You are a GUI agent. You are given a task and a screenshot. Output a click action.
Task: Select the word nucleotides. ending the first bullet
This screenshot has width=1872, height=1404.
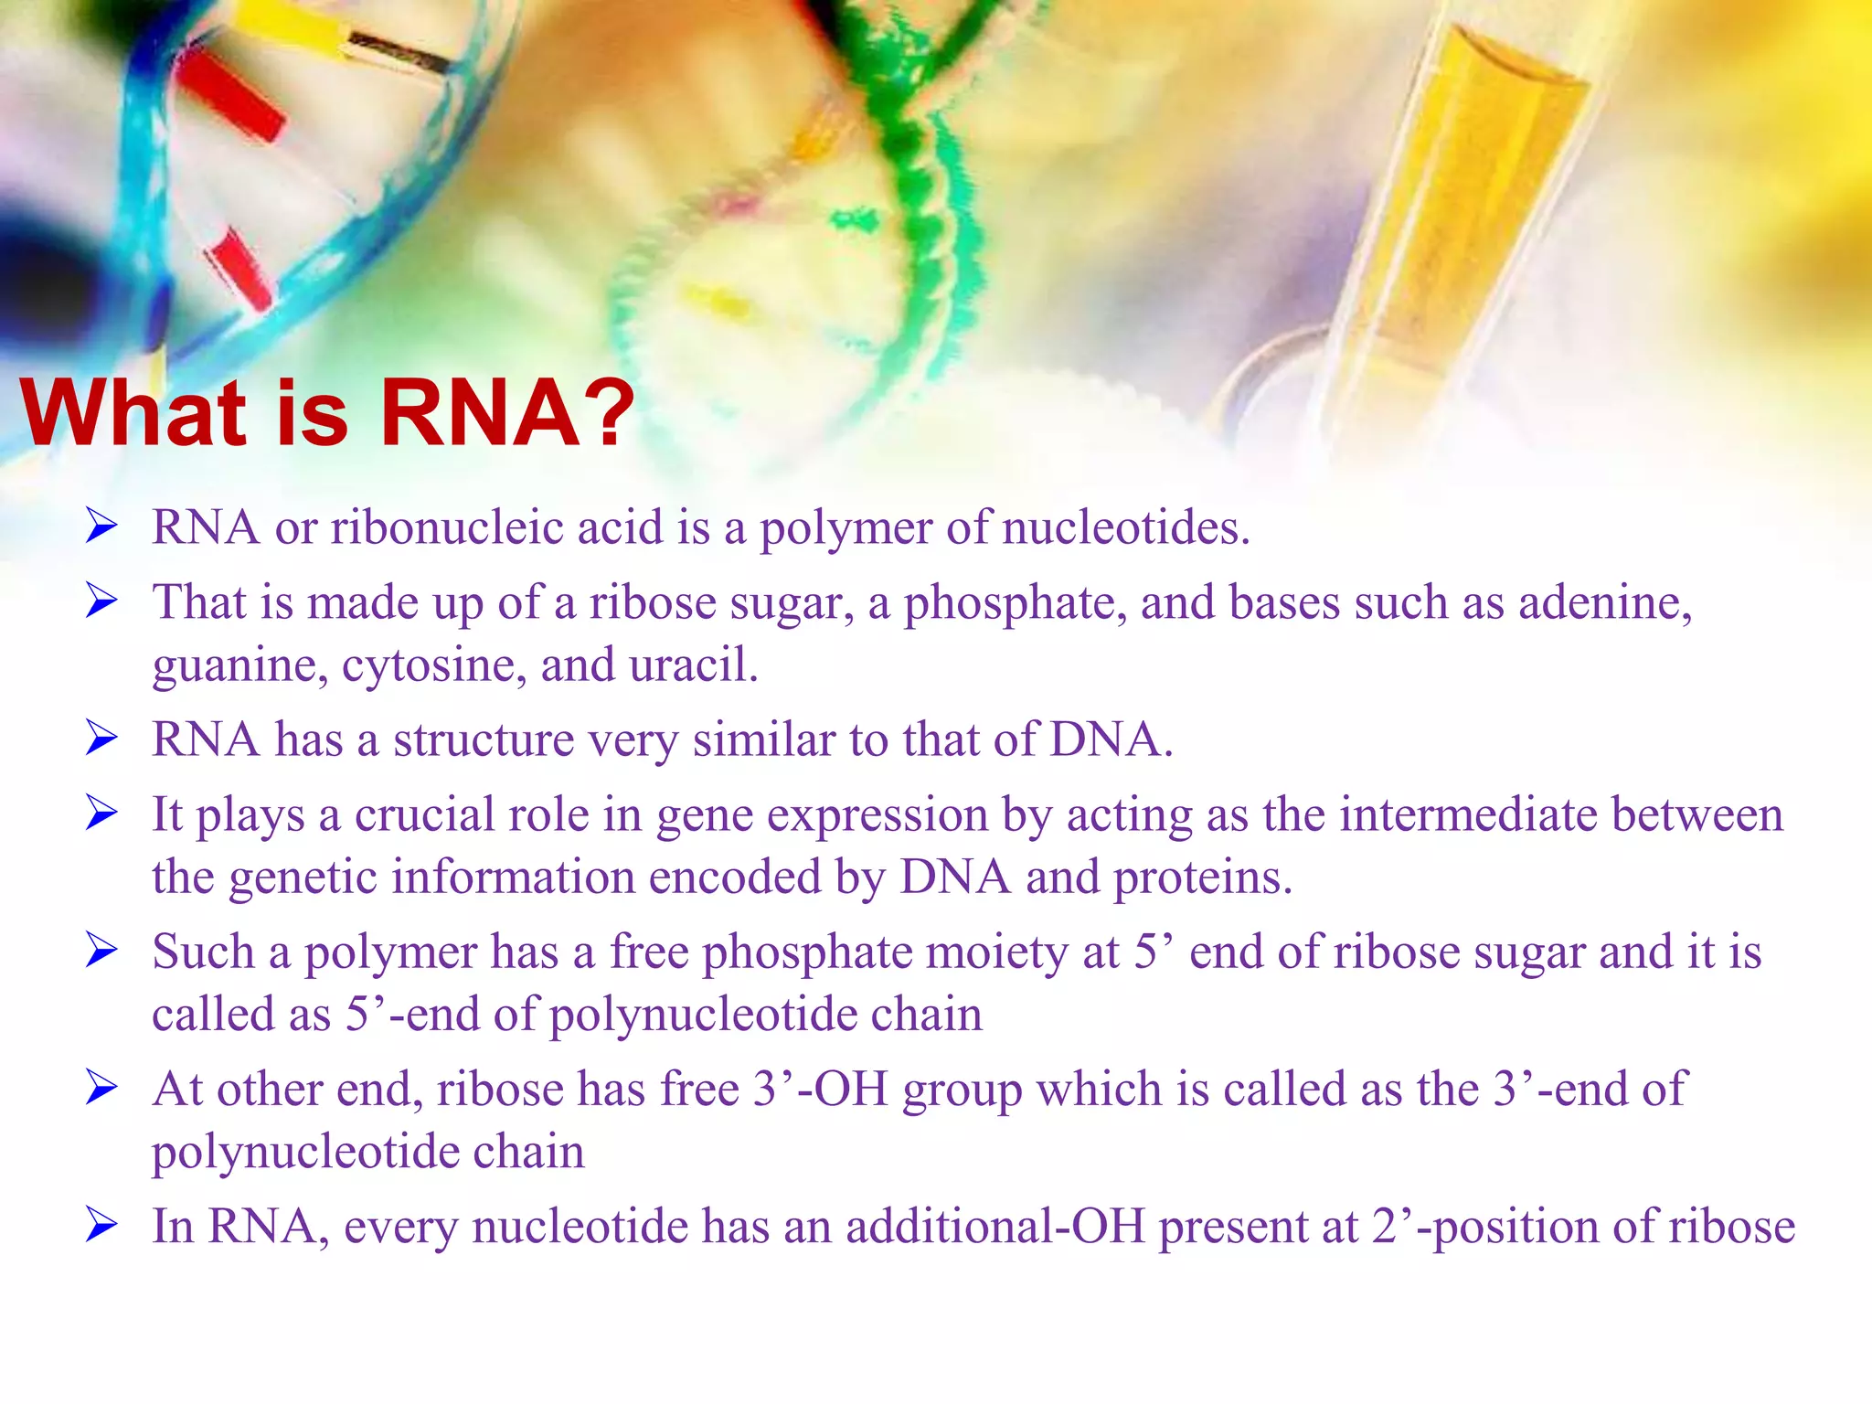1125,528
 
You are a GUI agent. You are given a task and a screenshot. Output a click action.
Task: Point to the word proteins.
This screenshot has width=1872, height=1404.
1203,878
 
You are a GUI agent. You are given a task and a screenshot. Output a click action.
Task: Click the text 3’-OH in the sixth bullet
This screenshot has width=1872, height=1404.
820,1090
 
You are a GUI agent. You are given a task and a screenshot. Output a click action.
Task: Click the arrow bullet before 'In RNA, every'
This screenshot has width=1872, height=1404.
101,1225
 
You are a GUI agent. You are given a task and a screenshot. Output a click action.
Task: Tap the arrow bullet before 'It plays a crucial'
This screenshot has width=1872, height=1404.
101,813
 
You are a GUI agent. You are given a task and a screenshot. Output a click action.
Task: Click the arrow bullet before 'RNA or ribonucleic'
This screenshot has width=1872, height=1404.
101,526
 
